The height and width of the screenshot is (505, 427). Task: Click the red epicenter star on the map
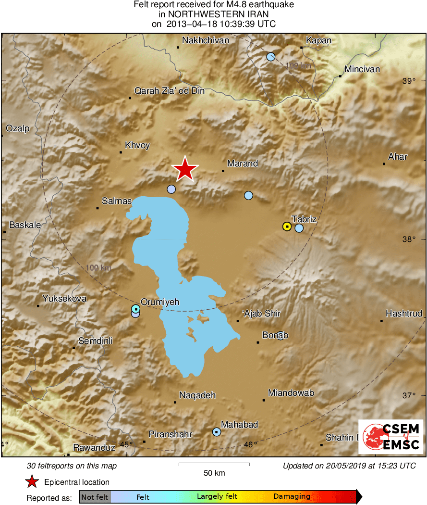pos(185,169)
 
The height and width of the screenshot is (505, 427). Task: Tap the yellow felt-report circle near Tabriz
pos(287,226)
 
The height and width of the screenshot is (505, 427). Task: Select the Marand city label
pos(243,164)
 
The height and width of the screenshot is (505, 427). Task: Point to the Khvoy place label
pos(137,145)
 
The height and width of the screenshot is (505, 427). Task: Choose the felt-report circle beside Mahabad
pos(217,432)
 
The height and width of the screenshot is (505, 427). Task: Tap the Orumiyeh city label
pos(159,302)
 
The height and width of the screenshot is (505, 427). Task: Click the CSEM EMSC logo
pos(391,437)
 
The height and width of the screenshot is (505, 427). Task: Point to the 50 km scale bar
pos(214,464)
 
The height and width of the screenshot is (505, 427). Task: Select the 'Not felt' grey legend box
pos(95,497)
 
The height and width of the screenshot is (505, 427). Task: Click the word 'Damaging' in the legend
pos(292,497)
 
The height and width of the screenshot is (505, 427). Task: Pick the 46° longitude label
pos(250,444)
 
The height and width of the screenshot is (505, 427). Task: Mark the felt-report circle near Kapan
pos(271,57)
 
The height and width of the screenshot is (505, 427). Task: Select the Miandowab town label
pos(291,393)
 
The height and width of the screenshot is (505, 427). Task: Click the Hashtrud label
pos(404,314)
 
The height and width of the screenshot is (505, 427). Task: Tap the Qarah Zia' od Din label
pos(169,91)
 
